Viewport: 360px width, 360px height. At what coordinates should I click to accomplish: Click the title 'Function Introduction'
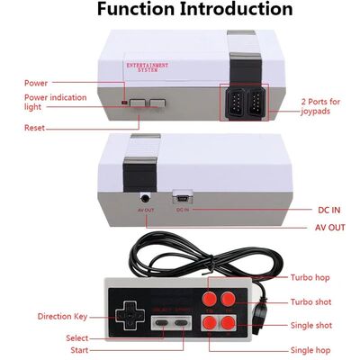(x=194, y=10)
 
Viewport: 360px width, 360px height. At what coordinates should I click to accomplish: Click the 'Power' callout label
(x=36, y=83)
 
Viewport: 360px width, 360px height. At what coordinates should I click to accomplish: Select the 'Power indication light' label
(x=55, y=102)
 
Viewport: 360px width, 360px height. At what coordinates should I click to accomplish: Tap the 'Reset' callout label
(x=35, y=128)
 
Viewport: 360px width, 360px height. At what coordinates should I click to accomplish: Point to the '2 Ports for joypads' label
(x=321, y=105)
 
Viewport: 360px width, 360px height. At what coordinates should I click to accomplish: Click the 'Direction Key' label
(x=62, y=317)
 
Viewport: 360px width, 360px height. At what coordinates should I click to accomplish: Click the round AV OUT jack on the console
(x=143, y=196)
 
